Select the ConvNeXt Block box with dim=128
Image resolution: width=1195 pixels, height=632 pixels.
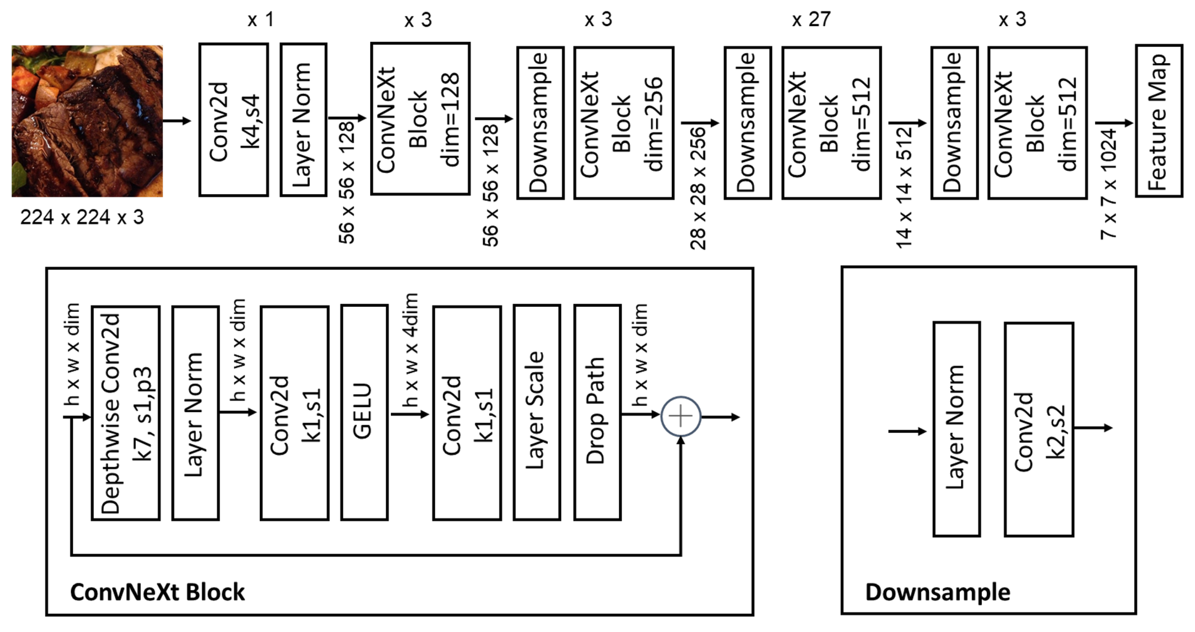point(420,119)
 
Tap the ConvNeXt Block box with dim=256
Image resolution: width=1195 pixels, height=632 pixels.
point(624,123)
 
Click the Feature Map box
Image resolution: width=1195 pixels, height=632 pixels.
point(1158,121)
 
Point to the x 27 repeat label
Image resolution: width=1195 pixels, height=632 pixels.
point(811,20)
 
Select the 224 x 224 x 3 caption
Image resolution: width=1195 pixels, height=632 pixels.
point(82,217)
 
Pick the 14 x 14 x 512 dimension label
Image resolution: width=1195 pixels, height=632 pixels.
point(904,188)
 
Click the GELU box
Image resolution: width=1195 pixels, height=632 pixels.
point(364,412)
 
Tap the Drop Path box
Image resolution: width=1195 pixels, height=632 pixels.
point(597,412)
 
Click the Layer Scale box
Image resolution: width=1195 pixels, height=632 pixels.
point(537,412)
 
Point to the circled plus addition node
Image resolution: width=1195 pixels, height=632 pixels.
point(680,416)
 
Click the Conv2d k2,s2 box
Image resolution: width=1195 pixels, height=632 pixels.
point(1039,429)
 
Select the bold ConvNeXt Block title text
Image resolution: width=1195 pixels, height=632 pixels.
point(157,592)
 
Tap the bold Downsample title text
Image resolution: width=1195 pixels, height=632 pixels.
point(938,592)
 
